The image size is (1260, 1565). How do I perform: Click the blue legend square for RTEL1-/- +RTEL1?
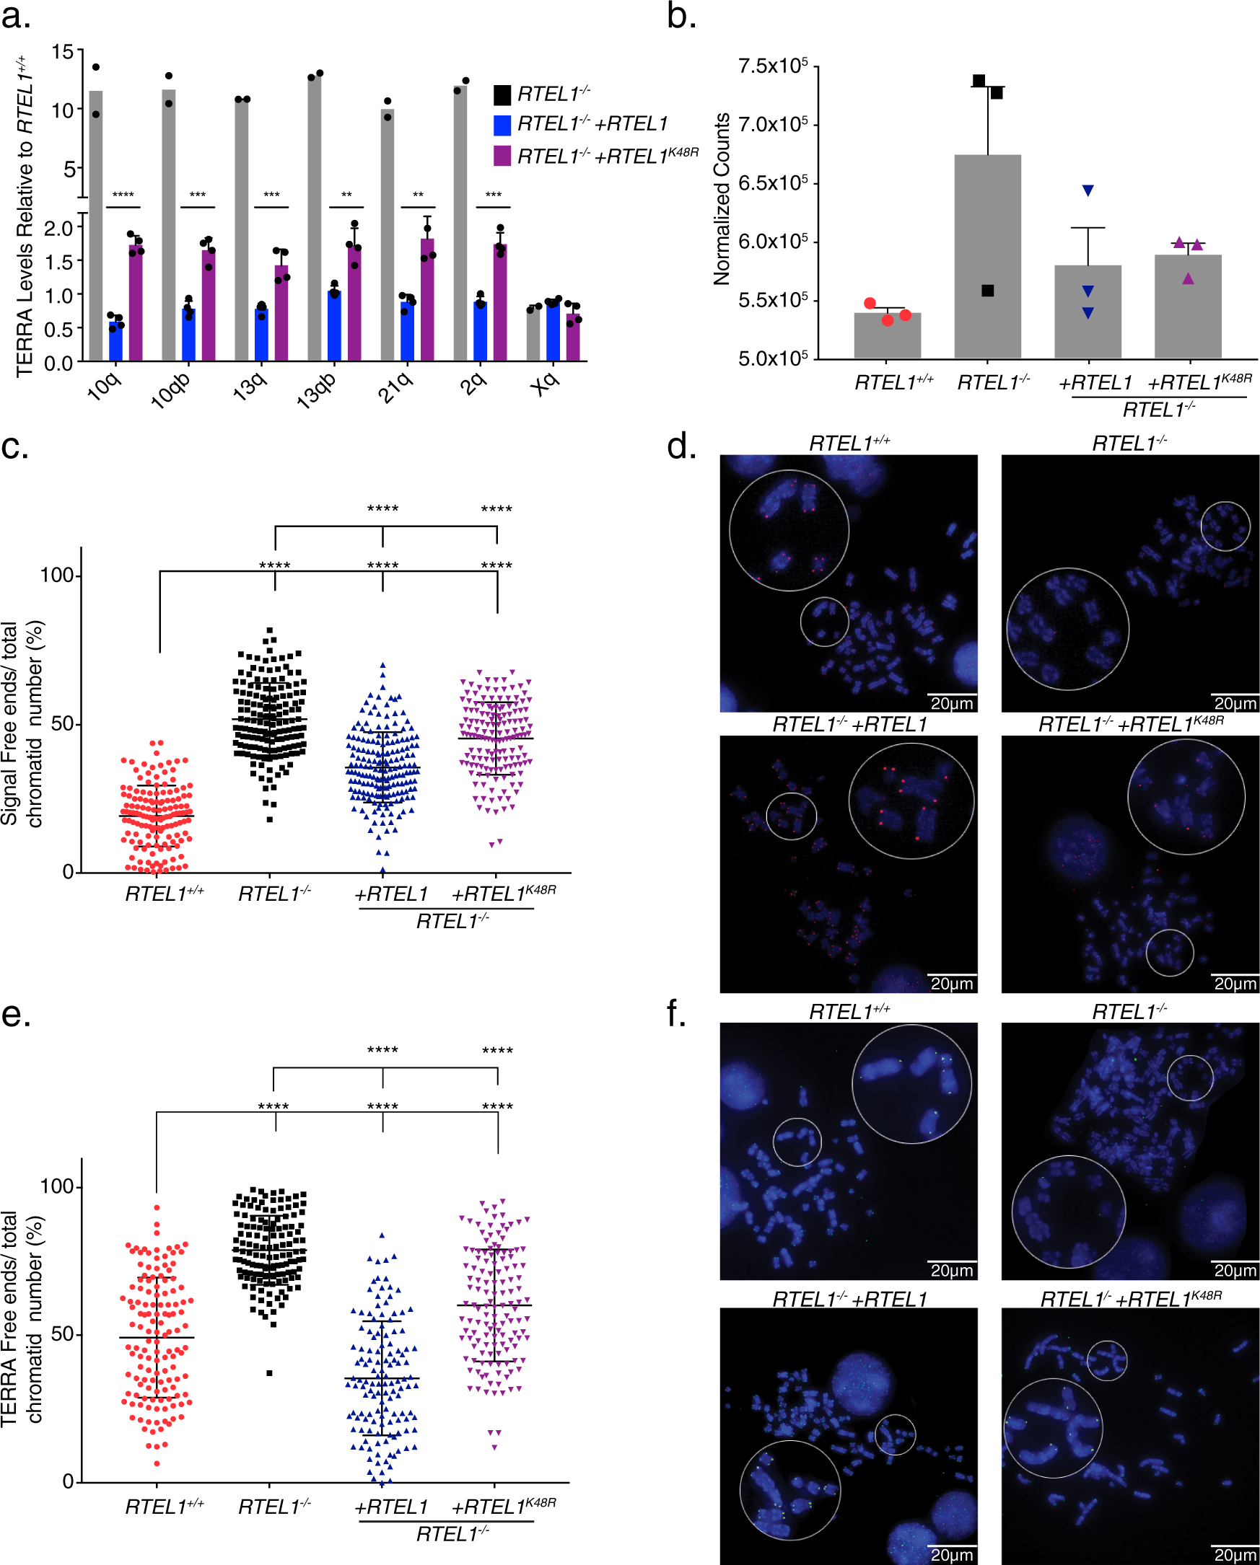point(502,125)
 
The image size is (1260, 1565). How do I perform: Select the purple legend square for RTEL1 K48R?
point(502,156)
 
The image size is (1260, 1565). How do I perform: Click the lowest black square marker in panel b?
point(988,291)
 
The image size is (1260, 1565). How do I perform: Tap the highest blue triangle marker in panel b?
point(1088,191)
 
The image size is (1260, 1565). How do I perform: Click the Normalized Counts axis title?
point(721,199)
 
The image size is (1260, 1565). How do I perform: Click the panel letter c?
point(15,446)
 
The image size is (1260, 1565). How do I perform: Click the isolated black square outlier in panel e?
point(269,1373)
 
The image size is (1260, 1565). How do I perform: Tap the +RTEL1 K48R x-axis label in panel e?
point(503,1507)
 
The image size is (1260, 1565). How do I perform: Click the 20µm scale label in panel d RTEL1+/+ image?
point(951,703)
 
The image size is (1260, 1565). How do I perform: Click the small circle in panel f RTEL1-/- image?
point(1189,1078)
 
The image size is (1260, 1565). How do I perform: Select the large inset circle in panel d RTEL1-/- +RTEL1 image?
point(911,801)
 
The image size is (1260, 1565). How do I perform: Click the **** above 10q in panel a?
point(123,195)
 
